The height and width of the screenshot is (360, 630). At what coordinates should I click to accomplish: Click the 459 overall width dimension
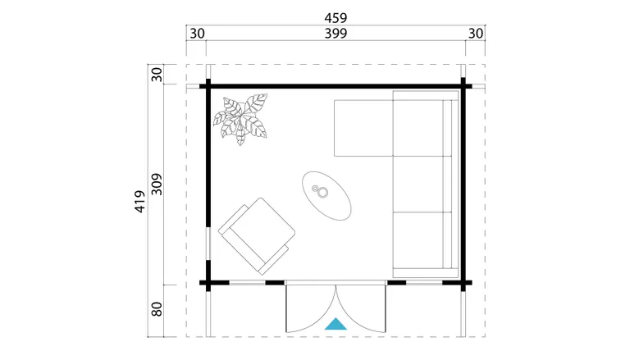(x=336, y=18)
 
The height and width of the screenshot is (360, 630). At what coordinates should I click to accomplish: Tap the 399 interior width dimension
(x=336, y=34)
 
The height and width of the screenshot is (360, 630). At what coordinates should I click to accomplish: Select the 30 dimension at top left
(x=197, y=34)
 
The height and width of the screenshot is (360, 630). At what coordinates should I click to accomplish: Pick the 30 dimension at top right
(x=476, y=34)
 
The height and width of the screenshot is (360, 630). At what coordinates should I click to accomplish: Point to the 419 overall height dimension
(x=139, y=201)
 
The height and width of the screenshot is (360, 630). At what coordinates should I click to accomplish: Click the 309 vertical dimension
(x=157, y=185)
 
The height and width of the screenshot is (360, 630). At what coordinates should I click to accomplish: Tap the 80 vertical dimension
(x=157, y=309)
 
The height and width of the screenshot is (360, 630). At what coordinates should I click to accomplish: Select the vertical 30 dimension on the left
(x=157, y=75)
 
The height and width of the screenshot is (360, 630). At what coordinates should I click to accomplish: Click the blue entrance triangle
(x=336, y=324)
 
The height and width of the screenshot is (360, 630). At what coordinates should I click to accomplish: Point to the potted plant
(x=240, y=119)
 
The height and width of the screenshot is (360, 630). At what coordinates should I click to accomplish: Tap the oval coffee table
(x=326, y=196)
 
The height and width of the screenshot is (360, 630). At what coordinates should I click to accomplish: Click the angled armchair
(x=257, y=236)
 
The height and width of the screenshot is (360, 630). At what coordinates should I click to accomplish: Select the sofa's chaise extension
(x=363, y=128)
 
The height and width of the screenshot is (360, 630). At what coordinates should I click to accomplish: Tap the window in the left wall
(x=208, y=244)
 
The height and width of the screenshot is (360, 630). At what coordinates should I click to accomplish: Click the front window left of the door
(x=247, y=283)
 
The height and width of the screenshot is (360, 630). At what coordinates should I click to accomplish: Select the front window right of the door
(x=424, y=283)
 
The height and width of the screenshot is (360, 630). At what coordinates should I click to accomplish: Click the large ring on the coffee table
(x=322, y=193)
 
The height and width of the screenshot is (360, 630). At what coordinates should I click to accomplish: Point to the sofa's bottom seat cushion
(x=418, y=240)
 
